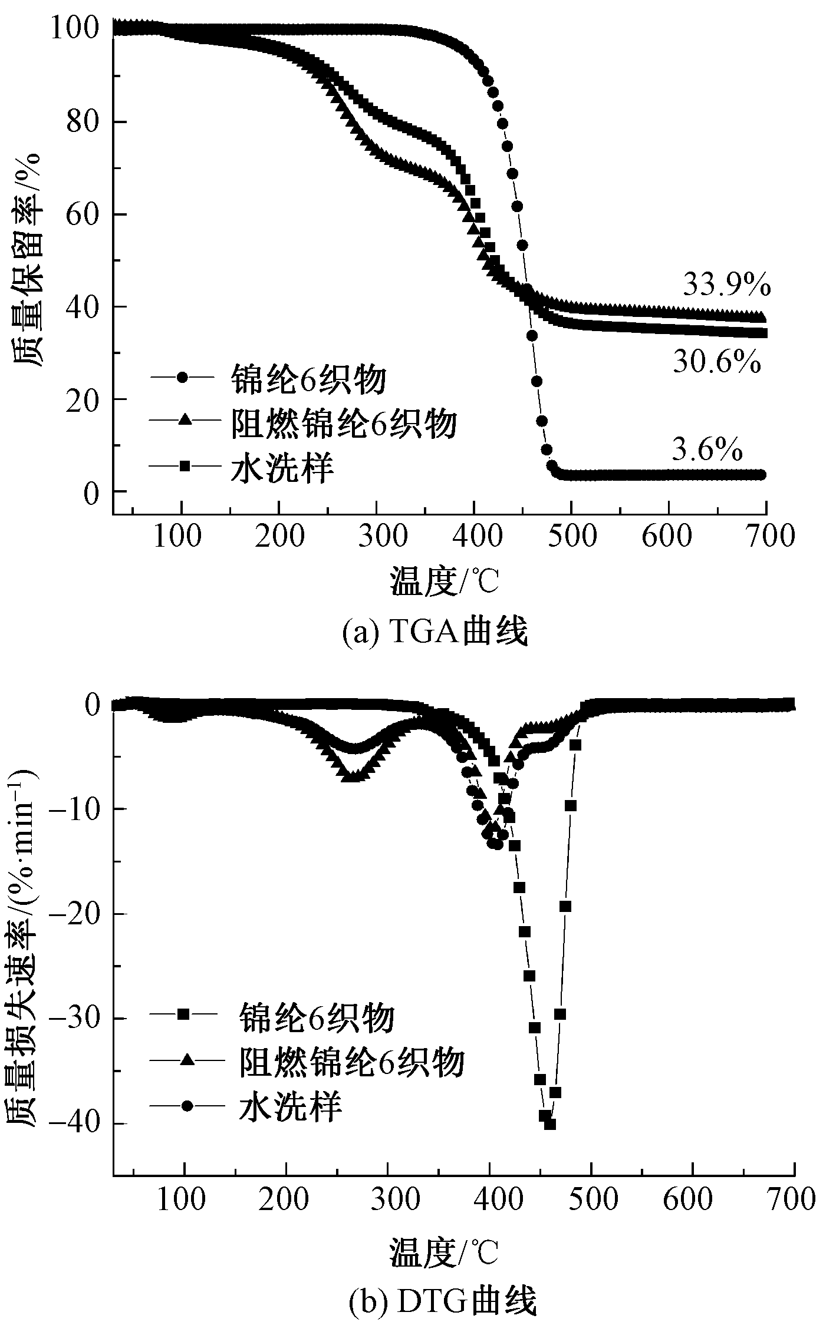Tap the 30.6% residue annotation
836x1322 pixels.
[x=717, y=362]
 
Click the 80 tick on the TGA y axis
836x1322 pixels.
[x=82, y=122]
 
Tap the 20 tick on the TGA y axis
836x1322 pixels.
[x=82, y=399]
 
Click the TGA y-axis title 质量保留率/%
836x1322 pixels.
[x=27, y=259]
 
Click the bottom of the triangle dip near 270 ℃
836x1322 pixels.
[x=352, y=776]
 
